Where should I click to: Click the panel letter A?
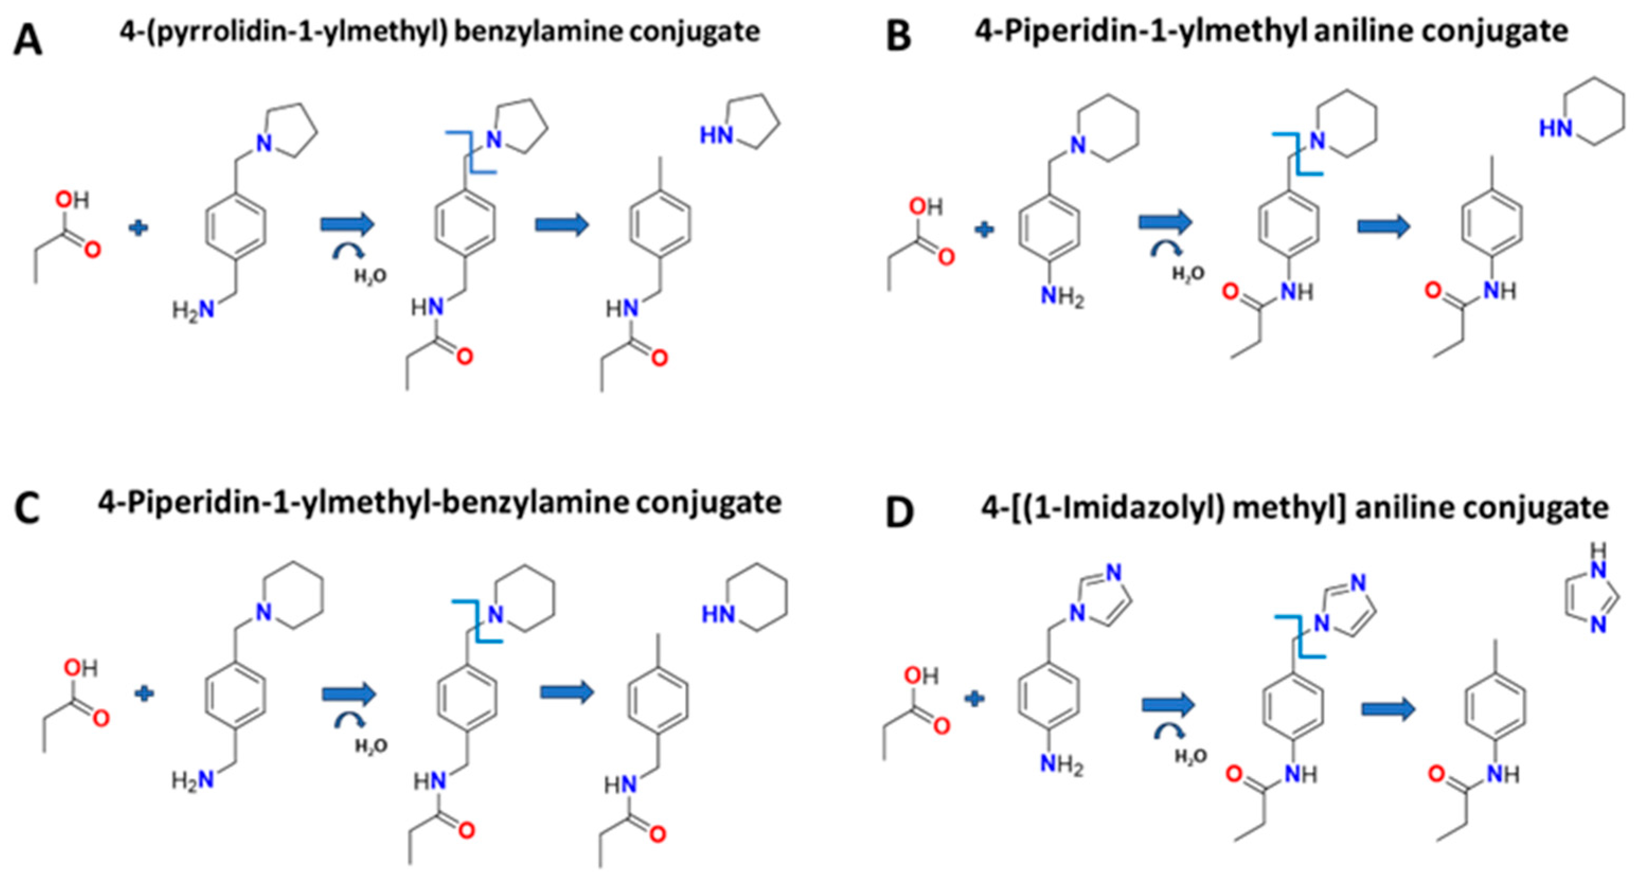(28, 41)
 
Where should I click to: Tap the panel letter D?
(900, 512)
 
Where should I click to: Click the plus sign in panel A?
(138, 227)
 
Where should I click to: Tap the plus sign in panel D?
(974, 699)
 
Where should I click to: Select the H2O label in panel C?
(371, 746)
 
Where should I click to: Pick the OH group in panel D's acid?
(921, 677)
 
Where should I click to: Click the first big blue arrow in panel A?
(347, 224)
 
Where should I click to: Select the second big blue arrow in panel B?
(1384, 227)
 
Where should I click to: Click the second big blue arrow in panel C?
(567, 692)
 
